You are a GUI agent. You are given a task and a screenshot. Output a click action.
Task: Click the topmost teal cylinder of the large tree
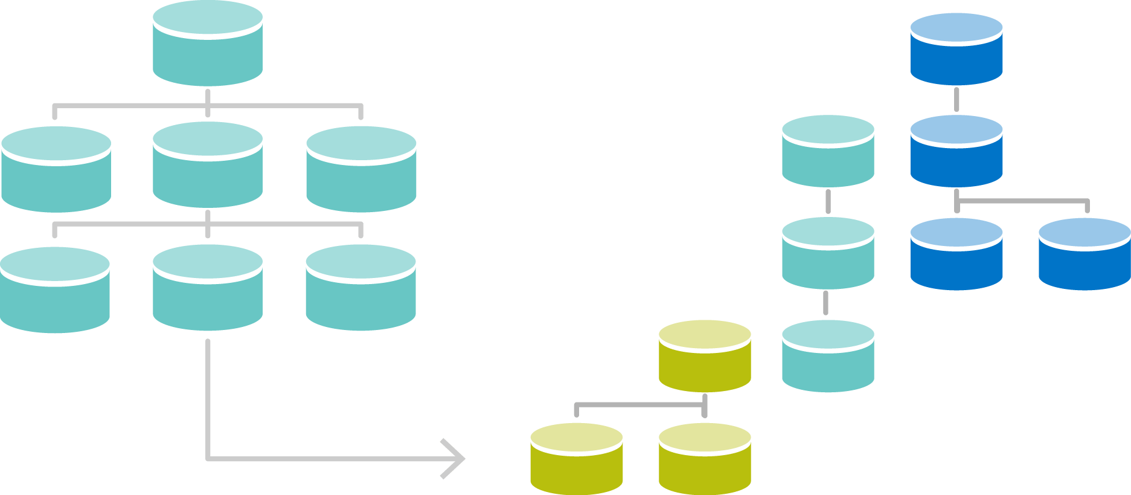(x=207, y=44)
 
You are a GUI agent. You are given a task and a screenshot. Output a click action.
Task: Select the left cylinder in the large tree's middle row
(x=56, y=169)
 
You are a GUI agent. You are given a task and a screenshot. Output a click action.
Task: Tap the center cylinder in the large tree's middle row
(x=207, y=165)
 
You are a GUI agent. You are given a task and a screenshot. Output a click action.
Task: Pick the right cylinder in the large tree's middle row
(x=361, y=169)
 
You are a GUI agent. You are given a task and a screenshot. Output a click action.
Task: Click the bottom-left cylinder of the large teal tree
(x=54, y=290)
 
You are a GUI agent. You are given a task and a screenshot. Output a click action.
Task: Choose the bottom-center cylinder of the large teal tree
(x=207, y=288)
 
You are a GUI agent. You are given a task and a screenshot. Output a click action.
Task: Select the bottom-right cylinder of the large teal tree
(x=360, y=288)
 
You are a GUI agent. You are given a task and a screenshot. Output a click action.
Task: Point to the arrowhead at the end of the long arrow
(x=454, y=459)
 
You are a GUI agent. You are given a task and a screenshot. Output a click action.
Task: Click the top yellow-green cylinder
(x=705, y=357)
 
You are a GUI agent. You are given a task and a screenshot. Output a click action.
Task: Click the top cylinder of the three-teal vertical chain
(x=828, y=151)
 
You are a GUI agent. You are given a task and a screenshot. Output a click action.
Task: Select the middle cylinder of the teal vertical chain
(x=828, y=254)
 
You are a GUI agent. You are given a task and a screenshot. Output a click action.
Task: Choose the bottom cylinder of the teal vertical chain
(x=828, y=357)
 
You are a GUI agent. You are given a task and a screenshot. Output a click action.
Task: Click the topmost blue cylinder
(x=956, y=50)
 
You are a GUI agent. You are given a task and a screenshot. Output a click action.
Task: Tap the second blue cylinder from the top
(x=956, y=151)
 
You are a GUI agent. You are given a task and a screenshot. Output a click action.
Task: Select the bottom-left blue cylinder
(x=956, y=254)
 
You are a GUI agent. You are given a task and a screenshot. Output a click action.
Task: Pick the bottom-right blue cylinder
(x=1085, y=254)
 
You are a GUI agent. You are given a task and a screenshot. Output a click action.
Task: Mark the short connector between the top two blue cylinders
(x=956, y=100)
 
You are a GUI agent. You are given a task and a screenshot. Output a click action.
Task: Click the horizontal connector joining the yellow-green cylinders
(x=640, y=404)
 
